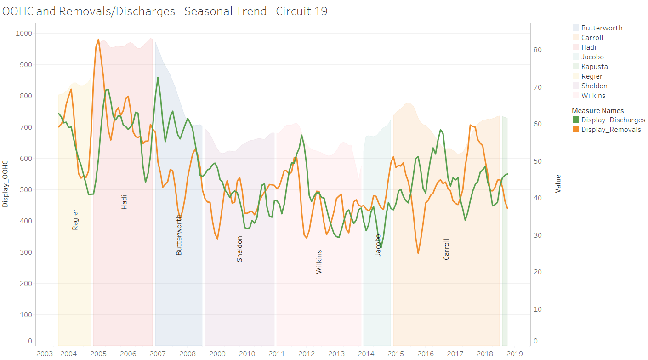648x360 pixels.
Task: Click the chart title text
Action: pos(165,11)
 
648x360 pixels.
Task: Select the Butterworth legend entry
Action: pos(597,28)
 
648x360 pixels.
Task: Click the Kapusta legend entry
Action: pos(590,67)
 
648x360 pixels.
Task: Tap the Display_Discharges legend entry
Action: pos(608,120)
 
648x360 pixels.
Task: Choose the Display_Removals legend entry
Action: pos(607,129)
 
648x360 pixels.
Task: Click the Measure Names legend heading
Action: pos(597,110)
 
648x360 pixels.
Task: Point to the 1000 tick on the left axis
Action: pos(24,33)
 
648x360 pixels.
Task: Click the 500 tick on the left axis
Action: pos(26,189)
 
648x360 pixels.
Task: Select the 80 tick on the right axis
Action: pos(538,50)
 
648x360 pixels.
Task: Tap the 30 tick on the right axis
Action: pos(538,235)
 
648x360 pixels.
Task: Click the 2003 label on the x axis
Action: pos(45,354)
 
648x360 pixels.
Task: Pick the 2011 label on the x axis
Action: pos(277,354)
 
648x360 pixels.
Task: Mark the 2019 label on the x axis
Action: pos(515,354)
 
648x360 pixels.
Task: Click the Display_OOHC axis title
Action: pos(5,184)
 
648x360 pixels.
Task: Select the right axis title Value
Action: pos(558,184)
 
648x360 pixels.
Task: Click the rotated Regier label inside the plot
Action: pos(75,220)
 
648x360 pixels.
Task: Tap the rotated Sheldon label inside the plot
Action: pos(239,249)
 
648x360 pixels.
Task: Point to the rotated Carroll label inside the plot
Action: pos(446,249)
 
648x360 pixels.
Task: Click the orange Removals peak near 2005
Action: pos(98,40)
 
